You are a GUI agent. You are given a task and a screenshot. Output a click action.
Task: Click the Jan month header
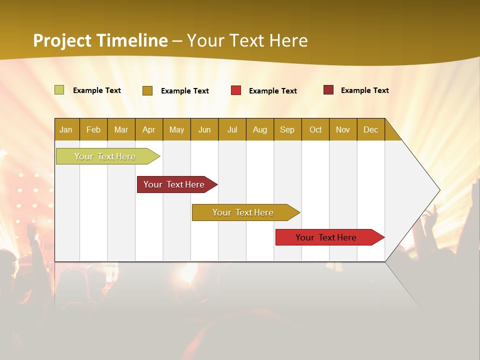coord(66,129)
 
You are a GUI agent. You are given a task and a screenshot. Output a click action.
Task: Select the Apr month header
coord(148,129)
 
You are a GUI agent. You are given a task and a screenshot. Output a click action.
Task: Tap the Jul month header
coord(232,129)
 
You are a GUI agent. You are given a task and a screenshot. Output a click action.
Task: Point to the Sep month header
coord(287,129)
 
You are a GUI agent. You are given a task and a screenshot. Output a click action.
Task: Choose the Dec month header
coord(370,129)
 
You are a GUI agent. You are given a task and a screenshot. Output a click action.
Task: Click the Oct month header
coord(315,129)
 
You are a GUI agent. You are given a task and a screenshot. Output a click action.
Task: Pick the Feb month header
coord(93,129)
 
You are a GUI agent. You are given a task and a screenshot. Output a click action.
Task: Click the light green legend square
coord(59,90)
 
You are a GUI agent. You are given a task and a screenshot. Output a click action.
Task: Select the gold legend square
coord(147,90)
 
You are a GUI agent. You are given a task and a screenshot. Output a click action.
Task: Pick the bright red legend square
coord(236,90)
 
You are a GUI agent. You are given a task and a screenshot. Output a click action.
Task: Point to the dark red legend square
coord(328,90)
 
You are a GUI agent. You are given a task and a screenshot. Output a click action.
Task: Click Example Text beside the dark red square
coord(364,90)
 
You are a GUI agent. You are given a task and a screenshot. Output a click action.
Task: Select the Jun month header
coord(204,129)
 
